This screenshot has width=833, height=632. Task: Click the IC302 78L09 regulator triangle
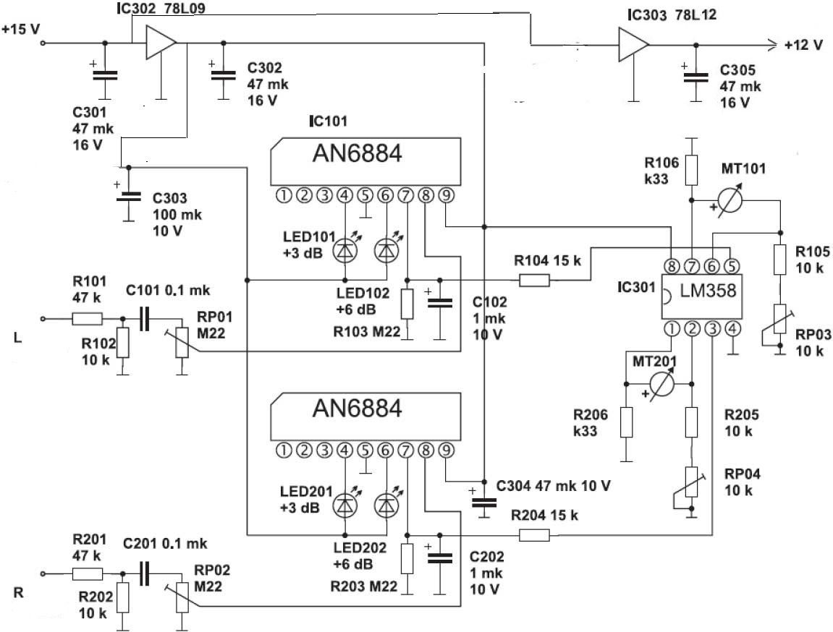click(161, 43)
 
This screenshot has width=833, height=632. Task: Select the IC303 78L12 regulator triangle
click(633, 45)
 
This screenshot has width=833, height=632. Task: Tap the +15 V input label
click(21, 29)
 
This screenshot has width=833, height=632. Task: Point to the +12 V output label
click(803, 46)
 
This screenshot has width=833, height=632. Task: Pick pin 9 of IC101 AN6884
click(447, 196)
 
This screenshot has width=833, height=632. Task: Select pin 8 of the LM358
click(672, 265)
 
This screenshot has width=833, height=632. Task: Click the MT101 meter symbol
click(729, 201)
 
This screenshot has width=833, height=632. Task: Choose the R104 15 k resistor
click(534, 280)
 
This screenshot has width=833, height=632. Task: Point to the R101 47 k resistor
click(87, 318)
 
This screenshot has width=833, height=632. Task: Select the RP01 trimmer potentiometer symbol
click(182, 342)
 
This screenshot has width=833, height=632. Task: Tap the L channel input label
click(18, 338)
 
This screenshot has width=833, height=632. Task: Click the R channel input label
click(19, 592)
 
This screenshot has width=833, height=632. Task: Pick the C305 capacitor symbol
click(695, 78)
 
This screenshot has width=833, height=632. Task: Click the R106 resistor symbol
click(691, 170)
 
